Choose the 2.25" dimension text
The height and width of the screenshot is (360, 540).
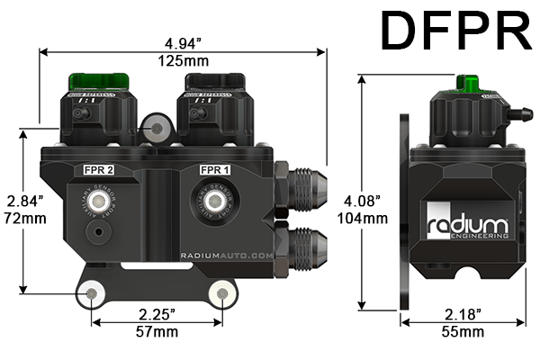pyautogui.click(x=157, y=314)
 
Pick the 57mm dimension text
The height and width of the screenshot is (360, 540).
pyautogui.click(x=157, y=331)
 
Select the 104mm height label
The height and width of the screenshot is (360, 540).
pyautogui.click(x=369, y=218)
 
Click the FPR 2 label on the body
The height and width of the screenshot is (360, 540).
pyautogui.click(x=99, y=167)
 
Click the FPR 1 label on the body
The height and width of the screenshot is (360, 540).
pyautogui.click(x=216, y=167)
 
